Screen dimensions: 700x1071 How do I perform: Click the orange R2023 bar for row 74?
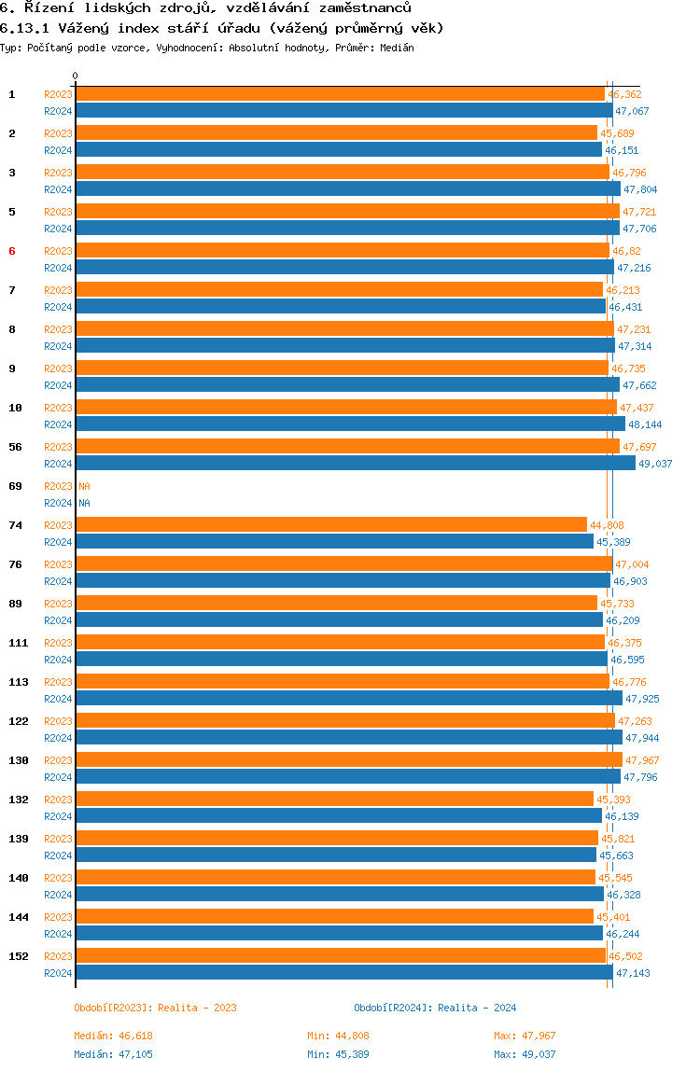point(331,524)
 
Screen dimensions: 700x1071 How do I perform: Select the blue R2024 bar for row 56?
point(357,463)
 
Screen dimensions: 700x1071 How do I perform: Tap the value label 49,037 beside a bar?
point(655,464)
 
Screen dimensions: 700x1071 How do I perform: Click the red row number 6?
point(12,251)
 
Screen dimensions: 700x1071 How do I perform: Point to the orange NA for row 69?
point(84,486)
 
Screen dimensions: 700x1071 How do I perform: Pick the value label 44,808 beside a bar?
point(607,525)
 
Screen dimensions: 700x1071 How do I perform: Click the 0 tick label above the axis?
point(76,76)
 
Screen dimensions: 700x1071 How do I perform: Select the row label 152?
point(19,956)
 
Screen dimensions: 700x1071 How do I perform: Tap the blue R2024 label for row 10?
point(58,424)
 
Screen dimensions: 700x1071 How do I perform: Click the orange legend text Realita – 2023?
point(198,1008)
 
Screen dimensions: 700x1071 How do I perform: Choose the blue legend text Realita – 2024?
point(477,1008)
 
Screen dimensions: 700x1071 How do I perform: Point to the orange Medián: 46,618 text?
point(114,1036)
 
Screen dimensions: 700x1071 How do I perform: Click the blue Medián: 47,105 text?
point(114,1054)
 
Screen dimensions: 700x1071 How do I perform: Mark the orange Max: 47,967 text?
point(525,1036)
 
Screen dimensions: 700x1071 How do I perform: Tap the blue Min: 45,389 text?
point(339,1054)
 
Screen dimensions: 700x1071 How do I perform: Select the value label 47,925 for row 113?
point(642,699)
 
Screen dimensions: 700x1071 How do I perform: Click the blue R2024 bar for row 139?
point(336,855)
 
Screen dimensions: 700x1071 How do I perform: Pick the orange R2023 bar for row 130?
point(349,759)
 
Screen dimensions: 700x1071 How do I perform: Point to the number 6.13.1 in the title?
point(24,28)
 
